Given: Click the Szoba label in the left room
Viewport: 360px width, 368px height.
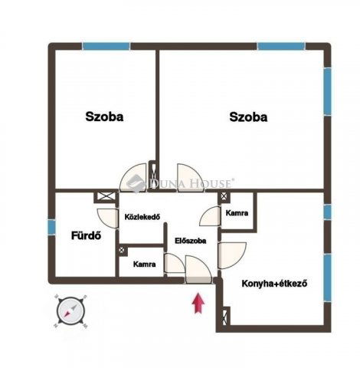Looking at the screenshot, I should coord(104,117).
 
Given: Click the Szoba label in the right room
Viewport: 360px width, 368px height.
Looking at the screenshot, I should coord(248,117).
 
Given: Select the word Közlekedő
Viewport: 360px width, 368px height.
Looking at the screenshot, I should coord(142,217).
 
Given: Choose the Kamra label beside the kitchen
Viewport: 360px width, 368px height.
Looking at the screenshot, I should coord(236,214).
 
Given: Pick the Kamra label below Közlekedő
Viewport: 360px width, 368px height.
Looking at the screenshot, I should coord(145,264).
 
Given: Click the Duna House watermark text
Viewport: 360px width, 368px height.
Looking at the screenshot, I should coord(191,184).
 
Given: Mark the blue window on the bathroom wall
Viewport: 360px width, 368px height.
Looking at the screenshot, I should coord(51,228).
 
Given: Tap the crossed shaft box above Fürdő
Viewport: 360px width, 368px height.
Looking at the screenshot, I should coord(103,197).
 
